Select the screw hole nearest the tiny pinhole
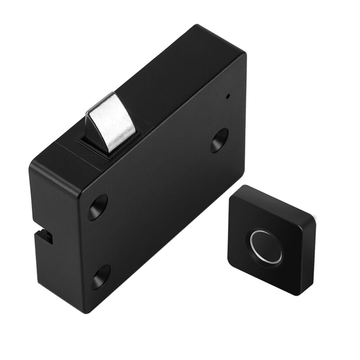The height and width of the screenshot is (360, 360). click(219, 140)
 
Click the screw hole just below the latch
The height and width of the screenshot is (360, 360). click(98, 208)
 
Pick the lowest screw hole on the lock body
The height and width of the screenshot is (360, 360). click(101, 276)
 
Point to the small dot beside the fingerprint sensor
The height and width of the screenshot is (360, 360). click(294, 260)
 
